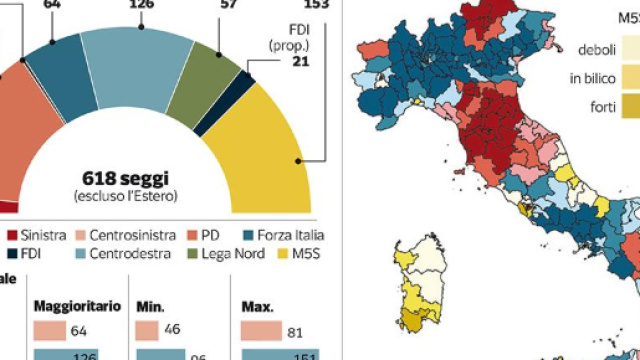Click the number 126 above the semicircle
pos(141,5)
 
